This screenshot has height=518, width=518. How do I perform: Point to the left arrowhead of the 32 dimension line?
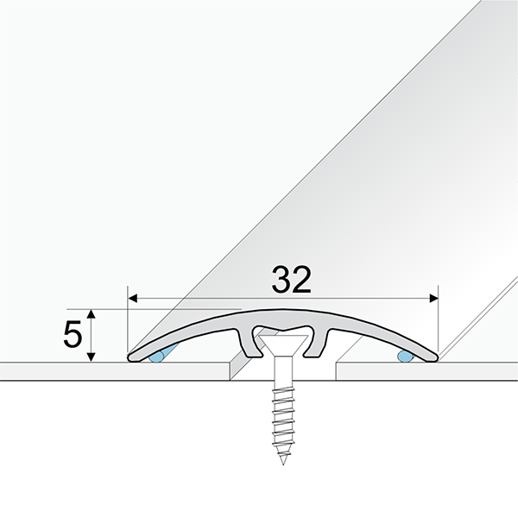[133, 299]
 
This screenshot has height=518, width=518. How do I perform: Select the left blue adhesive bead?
[158, 355]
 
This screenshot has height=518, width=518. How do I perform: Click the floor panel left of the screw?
[112, 370]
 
